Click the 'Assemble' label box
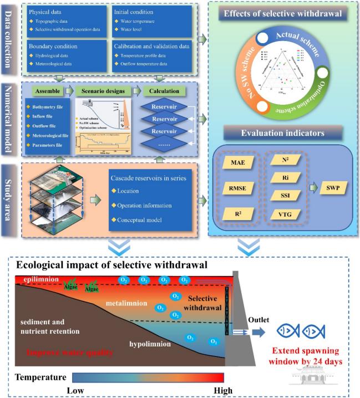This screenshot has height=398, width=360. tap(45, 90)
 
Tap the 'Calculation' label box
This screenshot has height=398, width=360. tap(161, 90)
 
